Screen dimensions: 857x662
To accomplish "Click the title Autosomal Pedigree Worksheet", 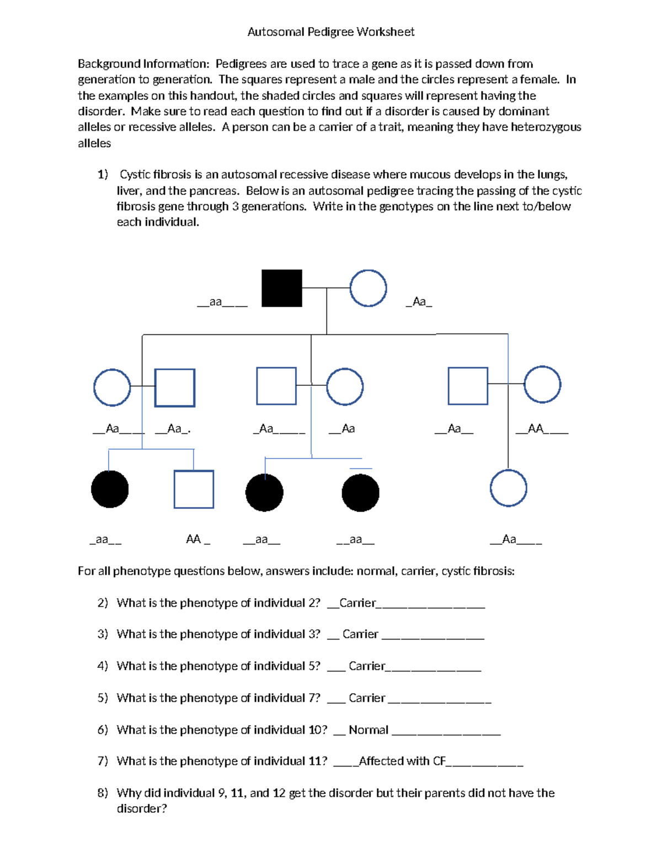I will point(330,32).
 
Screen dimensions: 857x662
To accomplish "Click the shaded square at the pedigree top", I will point(281,288).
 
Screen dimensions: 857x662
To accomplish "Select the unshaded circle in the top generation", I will point(368,288).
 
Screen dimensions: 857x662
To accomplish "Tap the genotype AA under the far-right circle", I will point(536,429).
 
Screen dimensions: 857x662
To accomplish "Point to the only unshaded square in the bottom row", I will point(194,489).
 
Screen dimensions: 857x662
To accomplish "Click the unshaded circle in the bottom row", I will point(508,488).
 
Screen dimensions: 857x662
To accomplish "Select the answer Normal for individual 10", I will point(369,730).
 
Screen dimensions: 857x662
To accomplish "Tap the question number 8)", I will point(103,793).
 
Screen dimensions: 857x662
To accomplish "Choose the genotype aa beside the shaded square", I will point(216,302).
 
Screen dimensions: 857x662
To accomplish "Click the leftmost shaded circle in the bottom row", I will point(110,489).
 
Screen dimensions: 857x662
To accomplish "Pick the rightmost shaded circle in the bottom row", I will point(360,493).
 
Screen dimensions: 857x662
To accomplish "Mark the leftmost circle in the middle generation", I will point(112,387).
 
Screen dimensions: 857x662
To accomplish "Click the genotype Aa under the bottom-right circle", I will point(509,539).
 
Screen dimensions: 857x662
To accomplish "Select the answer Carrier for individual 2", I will point(357,603).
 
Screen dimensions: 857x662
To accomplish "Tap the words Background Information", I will point(143,64).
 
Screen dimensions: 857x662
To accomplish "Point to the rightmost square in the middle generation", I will point(468,386).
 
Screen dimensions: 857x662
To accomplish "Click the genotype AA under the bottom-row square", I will point(193,539).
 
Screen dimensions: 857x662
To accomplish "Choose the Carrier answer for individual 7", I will point(367,698).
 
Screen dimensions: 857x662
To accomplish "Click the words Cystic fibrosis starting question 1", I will point(155,175).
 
